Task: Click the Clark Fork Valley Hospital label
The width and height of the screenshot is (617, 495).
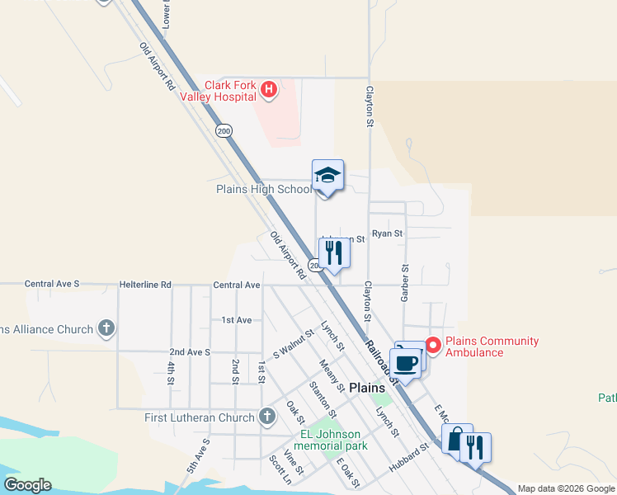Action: tap(231, 91)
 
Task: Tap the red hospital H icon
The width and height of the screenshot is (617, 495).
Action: tap(268, 89)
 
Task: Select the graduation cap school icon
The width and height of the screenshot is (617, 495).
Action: tap(327, 176)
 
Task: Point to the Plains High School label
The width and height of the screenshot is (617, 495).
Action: tap(264, 189)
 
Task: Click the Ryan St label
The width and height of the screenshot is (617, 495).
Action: tap(387, 233)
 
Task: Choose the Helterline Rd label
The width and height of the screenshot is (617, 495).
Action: tap(144, 285)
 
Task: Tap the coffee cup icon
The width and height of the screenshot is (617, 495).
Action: tap(406, 363)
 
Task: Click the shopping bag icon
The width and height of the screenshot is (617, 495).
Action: tap(456, 440)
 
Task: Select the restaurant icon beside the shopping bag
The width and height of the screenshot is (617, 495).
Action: tap(476, 448)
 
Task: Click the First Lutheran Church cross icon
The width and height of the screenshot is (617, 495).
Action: tap(266, 417)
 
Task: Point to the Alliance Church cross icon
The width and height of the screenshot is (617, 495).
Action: tap(106, 329)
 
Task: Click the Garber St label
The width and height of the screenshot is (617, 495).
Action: tap(405, 283)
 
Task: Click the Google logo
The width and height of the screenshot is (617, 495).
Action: tap(27, 485)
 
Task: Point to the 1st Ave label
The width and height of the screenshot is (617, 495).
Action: tap(237, 319)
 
